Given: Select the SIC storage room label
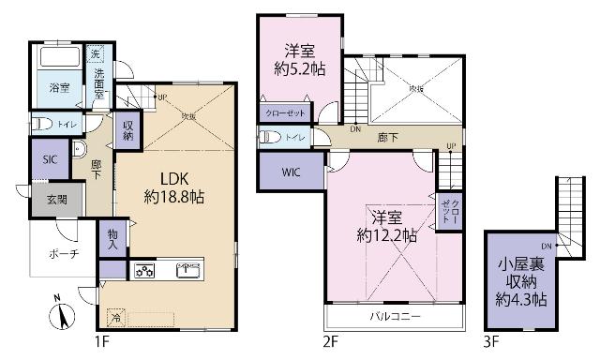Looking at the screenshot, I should (x=50, y=159).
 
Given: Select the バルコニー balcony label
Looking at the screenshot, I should (x=394, y=315).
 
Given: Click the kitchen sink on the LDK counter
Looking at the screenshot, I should (x=187, y=271).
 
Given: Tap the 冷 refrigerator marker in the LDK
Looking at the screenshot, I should (x=113, y=317).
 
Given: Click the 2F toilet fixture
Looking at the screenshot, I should (x=269, y=137).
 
